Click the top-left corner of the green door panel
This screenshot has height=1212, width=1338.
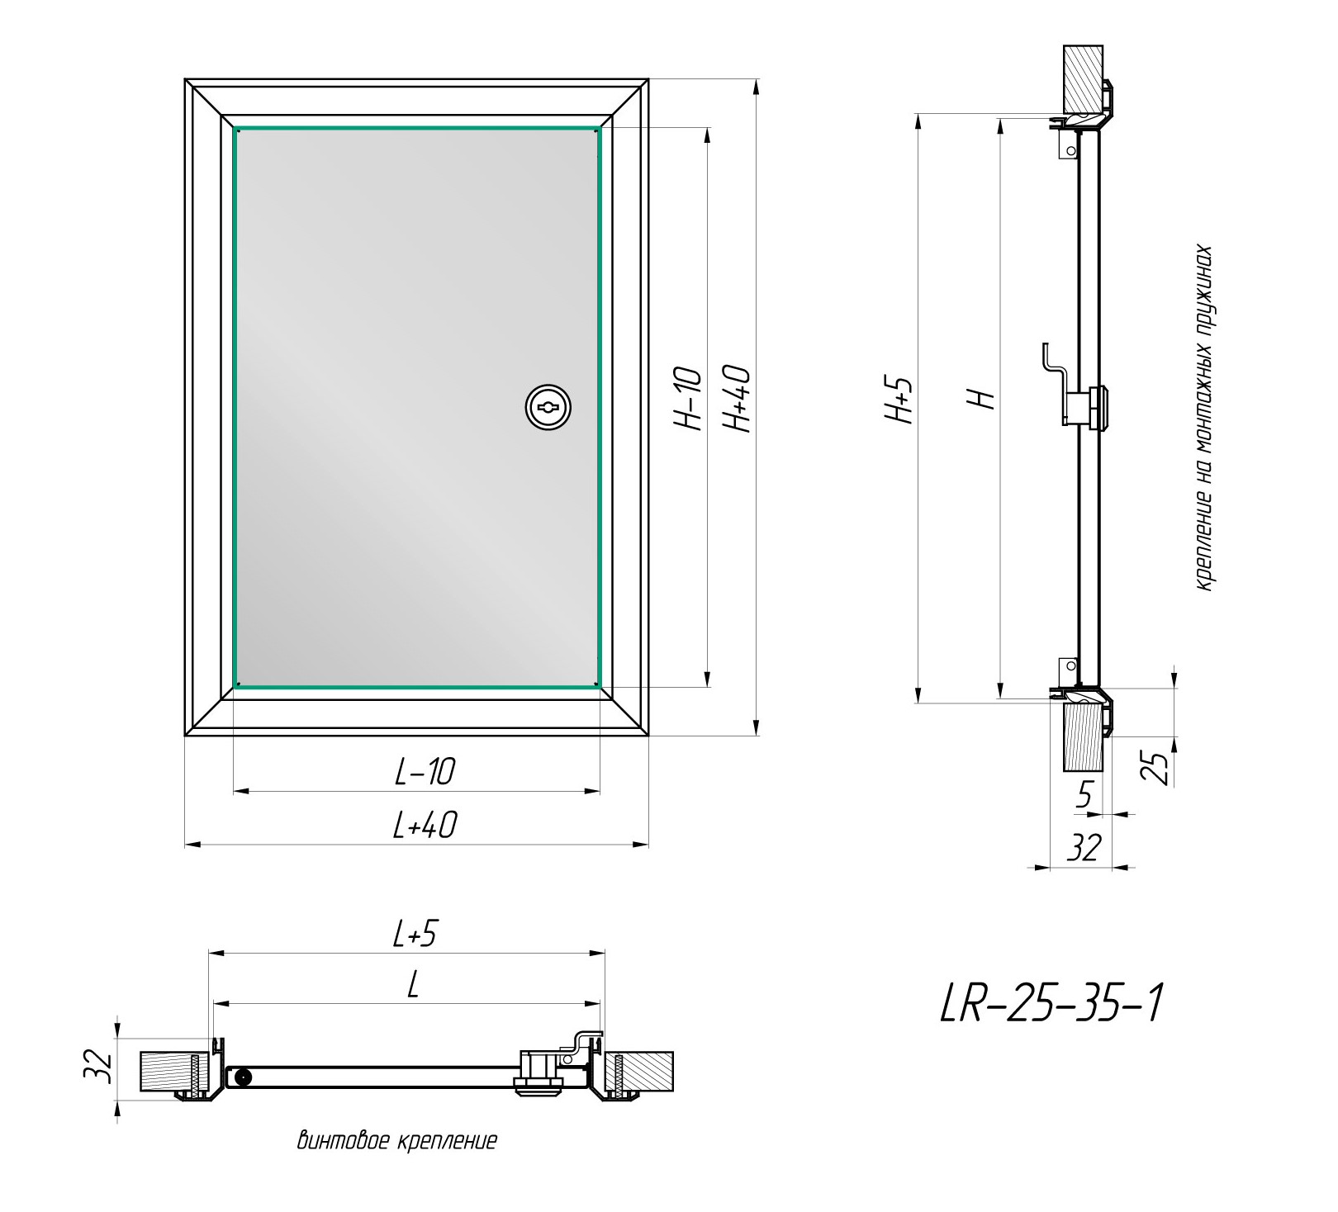236,129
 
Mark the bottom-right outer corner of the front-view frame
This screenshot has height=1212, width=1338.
648,735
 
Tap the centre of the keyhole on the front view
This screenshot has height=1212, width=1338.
548,406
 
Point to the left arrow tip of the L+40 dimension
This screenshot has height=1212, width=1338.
185,844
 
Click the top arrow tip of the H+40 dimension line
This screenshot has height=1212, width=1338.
755,80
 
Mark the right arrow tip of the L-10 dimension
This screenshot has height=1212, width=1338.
600,791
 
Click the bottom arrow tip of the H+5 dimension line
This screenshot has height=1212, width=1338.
918,703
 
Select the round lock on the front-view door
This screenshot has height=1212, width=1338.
548,406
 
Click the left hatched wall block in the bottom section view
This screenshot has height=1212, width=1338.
170,1072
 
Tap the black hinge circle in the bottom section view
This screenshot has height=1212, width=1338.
243,1077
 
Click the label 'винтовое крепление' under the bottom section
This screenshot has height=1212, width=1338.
397,1141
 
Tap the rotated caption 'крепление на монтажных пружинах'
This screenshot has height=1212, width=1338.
1205,418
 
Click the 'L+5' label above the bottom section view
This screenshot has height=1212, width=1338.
414,934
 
